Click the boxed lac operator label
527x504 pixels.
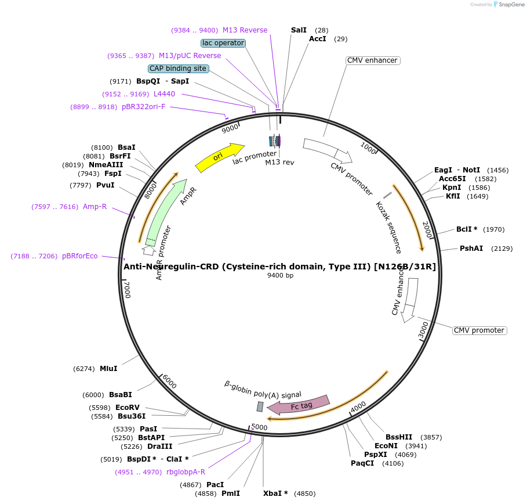point(223,43)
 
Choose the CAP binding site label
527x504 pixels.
point(178,69)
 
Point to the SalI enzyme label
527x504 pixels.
point(299,30)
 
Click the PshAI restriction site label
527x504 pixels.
point(471,249)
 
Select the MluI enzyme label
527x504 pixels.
point(108,368)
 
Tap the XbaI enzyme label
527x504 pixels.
point(275,494)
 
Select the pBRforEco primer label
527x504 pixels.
point(80,256)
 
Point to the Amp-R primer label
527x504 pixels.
point(95,207)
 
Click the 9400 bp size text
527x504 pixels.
point(280,275)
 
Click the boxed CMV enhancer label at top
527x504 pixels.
point(372,60)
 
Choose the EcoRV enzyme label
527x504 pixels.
point(128,408)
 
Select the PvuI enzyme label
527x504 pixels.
point(105,185)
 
